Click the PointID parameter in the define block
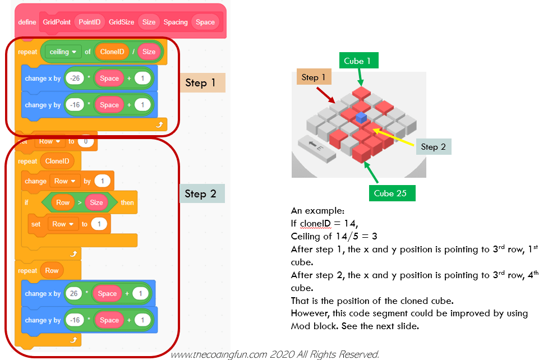[90, 22]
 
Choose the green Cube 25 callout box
[392, 193]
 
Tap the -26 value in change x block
[74, 79]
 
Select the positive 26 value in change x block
[74, 294]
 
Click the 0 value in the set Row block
[86, 142]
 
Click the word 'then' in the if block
[127, 202]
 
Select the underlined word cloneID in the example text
[316, 224]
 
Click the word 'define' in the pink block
[27, 22]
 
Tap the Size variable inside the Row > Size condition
[96, 202]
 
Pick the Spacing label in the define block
[176, 22]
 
